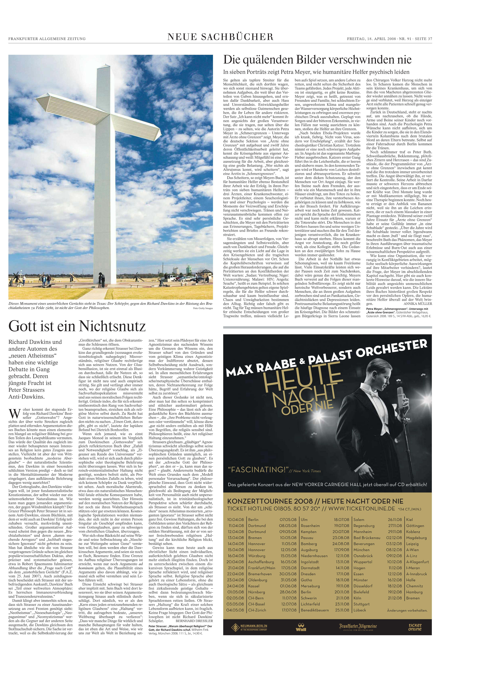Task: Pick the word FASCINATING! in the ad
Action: tap(256, 469)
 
